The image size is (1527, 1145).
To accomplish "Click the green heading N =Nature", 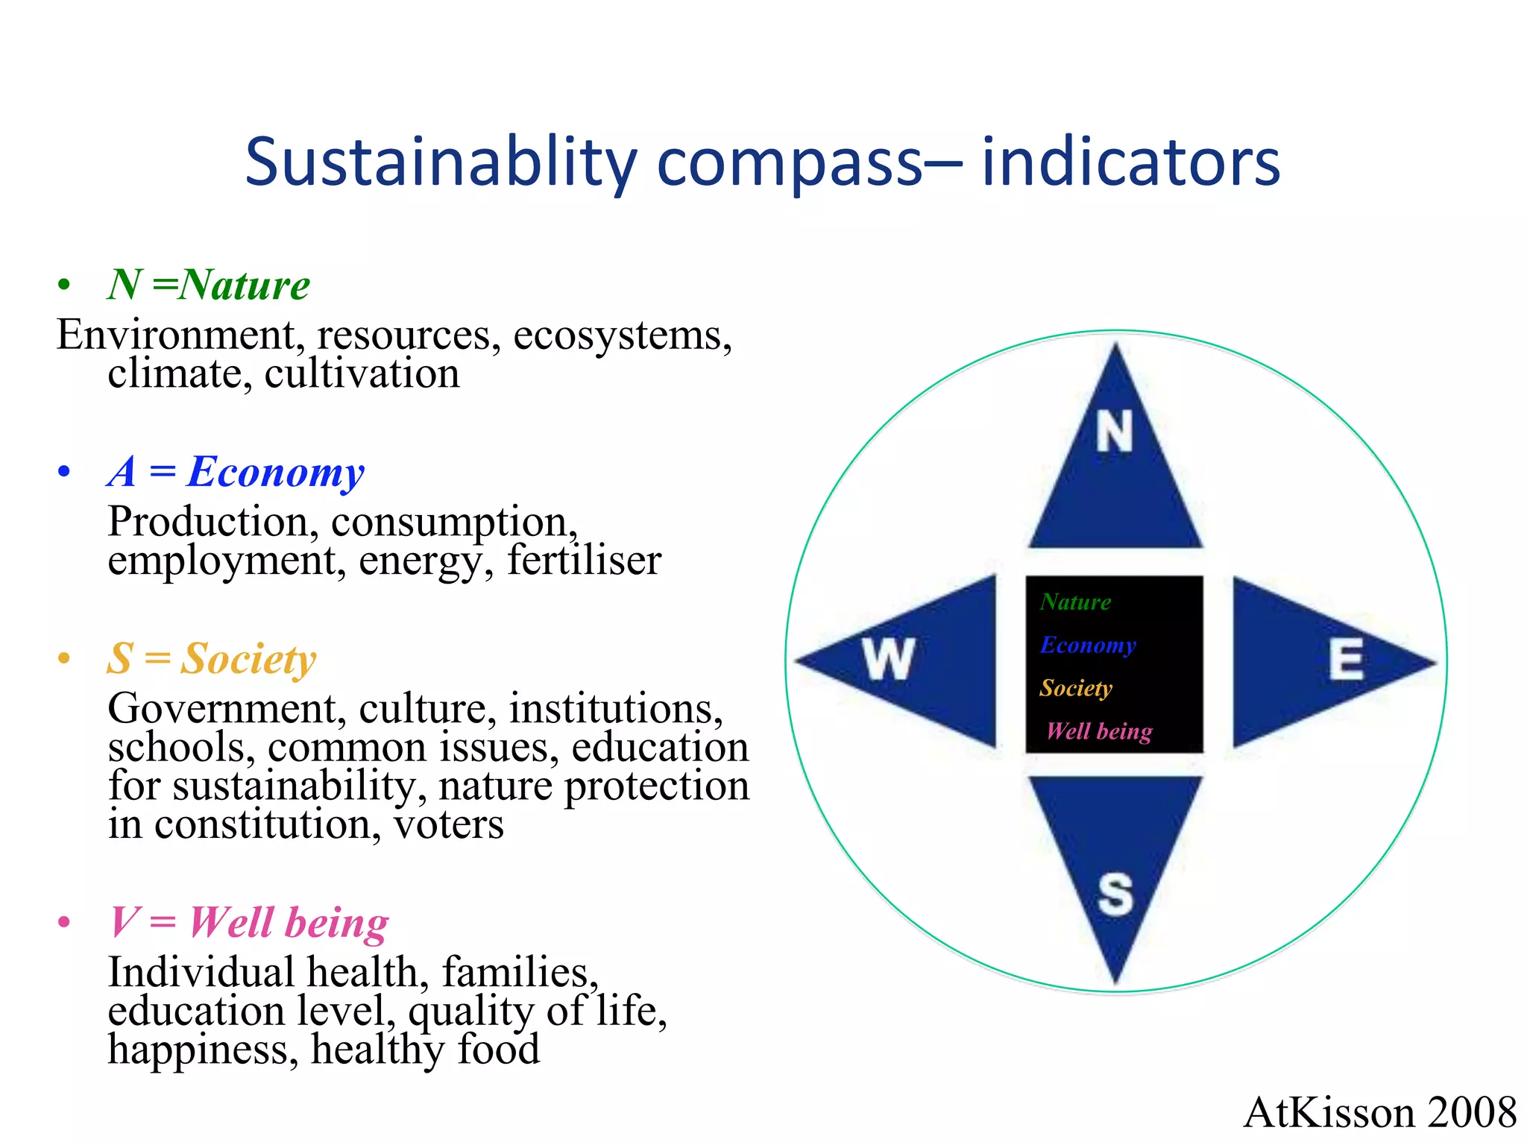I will click(209, 285).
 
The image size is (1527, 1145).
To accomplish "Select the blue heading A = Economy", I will click(236, 472).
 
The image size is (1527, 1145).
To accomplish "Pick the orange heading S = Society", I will click(212, 659).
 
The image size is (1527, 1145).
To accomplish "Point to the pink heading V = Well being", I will click(249, 922).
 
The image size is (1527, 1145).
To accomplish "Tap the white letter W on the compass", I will click(888, 659).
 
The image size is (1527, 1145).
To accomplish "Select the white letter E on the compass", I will click(1346, 659).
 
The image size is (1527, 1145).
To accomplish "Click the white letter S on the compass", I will click(1115, 894).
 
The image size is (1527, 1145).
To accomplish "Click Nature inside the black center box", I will click(1075, 602).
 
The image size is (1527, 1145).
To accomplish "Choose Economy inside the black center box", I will click(1088, 645).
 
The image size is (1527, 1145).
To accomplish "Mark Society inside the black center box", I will click(1076, 687).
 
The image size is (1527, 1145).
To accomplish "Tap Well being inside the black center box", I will click(1099, 731).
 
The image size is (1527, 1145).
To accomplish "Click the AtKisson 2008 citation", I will click(1379, 1112).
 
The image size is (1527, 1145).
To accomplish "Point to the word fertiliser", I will click(584, 561).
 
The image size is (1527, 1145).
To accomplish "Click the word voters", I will click(449, 825).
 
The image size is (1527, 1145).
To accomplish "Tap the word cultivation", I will click(362, 373).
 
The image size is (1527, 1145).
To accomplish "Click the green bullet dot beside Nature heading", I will click(64, 285).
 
